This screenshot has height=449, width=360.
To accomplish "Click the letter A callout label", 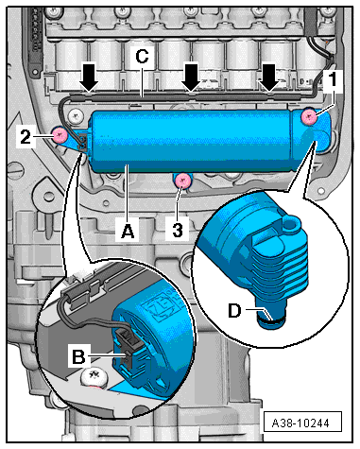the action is pyautogui.click(x=128, y=231).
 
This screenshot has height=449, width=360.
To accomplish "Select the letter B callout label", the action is pyautogui.click(x=78, y=356).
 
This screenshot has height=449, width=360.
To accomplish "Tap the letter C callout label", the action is pyautogui.click(x=142, y=57).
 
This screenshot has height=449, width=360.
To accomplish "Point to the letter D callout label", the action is pyautogui.click(x=234, y=311).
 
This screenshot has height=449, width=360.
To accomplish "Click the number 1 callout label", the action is pyautogui.click(x=332, y=79).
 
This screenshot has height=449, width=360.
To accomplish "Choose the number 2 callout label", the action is pyautogui.click(x=26, y=136).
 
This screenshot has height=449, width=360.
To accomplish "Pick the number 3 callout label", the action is pyautogui.click(x=178, y=231).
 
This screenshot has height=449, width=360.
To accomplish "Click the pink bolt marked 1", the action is pyautogui.click(x=309, y=117).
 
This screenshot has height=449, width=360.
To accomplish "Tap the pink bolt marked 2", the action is pyautogui.click(x=60, y=135).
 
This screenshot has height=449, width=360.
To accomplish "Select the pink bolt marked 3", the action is pyautogui.click(x=183, y=181).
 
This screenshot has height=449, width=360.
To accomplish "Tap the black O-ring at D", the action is pyautogui.click(x=271, y=321).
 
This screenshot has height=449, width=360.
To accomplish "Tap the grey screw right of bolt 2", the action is pyautogui.click(x=76, y=115).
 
